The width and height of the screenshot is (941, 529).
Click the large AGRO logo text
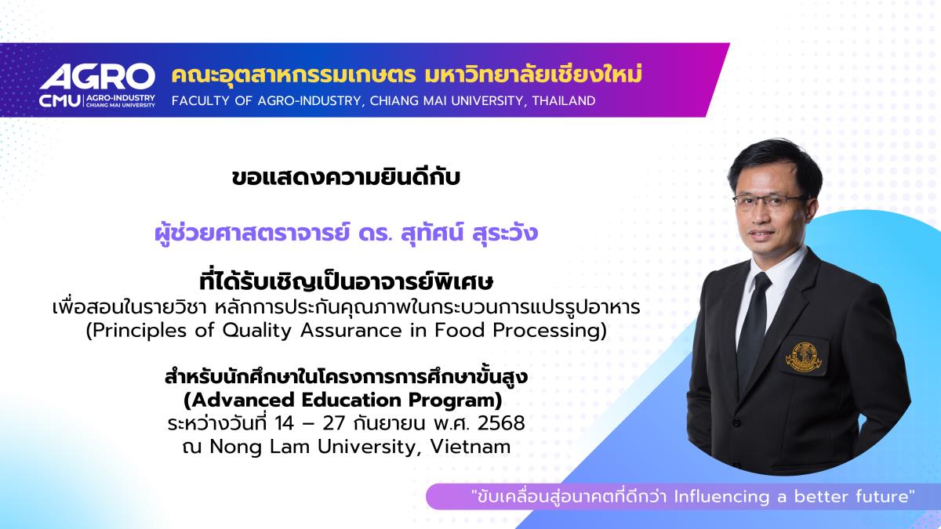point(97,77)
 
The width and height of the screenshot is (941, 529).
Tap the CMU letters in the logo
point(60,101)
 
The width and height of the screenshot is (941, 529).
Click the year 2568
point(501,423)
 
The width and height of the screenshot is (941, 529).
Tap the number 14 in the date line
point(285,423)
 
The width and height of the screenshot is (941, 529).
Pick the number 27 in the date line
point(334,423)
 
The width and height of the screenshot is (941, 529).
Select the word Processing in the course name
point(550,331)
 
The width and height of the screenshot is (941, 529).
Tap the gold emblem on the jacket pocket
point(804,357)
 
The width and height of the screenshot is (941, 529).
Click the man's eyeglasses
point(767,201)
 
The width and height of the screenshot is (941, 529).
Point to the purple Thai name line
point(346,234)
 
